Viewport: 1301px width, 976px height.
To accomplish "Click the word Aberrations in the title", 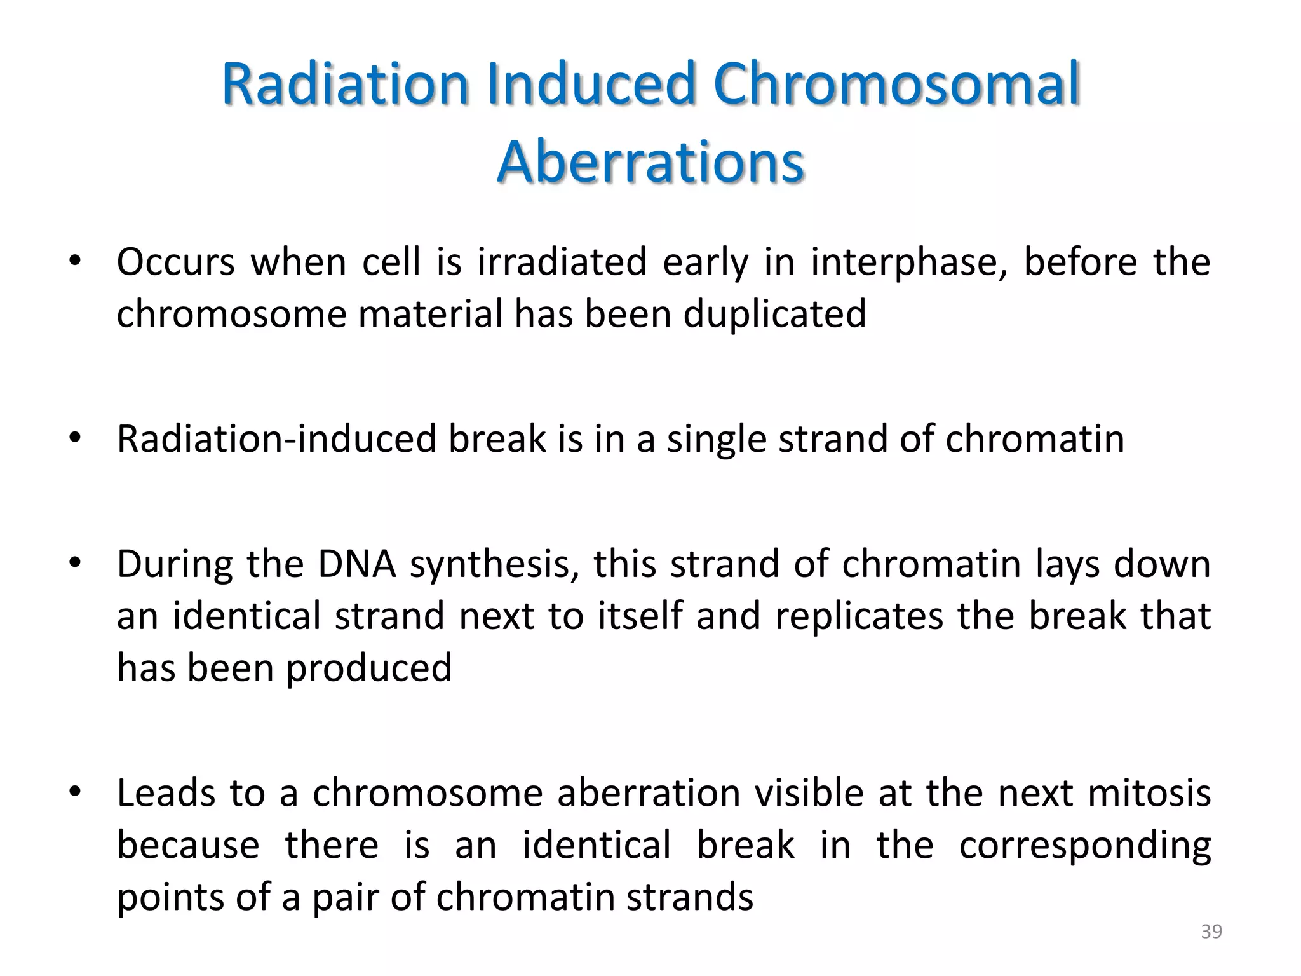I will pos(650,161).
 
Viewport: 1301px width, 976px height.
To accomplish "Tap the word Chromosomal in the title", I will pos(896,84).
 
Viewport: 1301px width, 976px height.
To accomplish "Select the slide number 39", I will pos(1211,932).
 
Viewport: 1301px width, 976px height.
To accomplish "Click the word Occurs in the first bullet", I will pos(175,262).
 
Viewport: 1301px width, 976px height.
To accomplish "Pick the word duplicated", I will pos(774,314).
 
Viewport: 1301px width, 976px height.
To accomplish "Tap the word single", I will pos(717,440).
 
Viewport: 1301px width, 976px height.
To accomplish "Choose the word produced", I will pos(368,669).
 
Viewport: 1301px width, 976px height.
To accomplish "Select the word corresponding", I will pos(1084,846).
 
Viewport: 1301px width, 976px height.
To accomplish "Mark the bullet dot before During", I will pos(76,563).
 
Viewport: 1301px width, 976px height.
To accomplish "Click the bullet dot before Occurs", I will pos(76,261).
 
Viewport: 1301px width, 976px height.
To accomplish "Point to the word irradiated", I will pos(562,262).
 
